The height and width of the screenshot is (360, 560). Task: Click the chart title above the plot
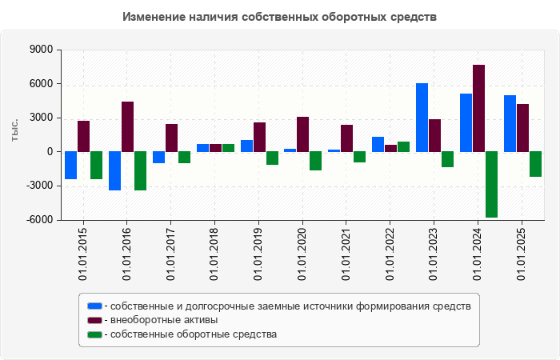pos(280,16)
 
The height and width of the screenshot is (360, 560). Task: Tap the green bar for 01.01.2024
pos(491,185)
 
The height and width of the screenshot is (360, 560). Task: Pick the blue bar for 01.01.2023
pos(422,118)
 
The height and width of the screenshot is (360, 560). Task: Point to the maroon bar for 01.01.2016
pos(127,126)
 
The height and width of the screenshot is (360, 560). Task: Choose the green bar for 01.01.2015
pos(96,166)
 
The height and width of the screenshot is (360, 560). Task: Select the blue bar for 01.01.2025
pos(510,123)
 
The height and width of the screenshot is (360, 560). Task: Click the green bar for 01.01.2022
pos(403,146)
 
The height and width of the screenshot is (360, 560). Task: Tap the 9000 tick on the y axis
pos(41,50)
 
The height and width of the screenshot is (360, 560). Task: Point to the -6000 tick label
pos(38,220)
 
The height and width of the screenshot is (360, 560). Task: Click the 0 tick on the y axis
pos(50,152)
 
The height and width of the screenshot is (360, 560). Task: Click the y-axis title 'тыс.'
pos(14,131)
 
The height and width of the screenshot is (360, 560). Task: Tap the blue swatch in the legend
pos(94,306)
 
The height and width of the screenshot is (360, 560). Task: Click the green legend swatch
pos(94,334)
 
